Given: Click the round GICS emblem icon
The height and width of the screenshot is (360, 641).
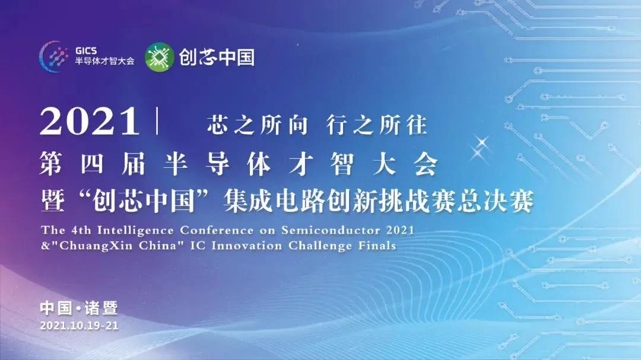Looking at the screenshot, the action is (53, 56).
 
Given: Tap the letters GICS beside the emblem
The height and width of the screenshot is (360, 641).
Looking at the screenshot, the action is (86, 51).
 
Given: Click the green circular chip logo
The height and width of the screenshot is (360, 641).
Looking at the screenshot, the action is (160, 57).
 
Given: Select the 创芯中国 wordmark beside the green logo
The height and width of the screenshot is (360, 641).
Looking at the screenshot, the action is (217, 57).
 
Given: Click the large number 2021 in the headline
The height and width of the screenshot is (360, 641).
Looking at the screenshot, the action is (89, 122).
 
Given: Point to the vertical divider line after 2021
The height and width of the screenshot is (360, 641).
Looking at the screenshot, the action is (157, 121).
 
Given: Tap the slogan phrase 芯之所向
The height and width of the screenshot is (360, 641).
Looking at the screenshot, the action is (257, 125).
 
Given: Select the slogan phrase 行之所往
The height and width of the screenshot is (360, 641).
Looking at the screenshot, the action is (376, 125).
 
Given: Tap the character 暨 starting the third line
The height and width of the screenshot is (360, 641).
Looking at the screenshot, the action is (53, 201).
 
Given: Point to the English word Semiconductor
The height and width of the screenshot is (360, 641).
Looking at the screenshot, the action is (331, 231).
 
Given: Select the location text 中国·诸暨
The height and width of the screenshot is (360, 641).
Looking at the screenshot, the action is (79, 308).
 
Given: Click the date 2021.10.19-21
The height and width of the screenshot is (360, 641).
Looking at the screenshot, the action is (80, 326).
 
